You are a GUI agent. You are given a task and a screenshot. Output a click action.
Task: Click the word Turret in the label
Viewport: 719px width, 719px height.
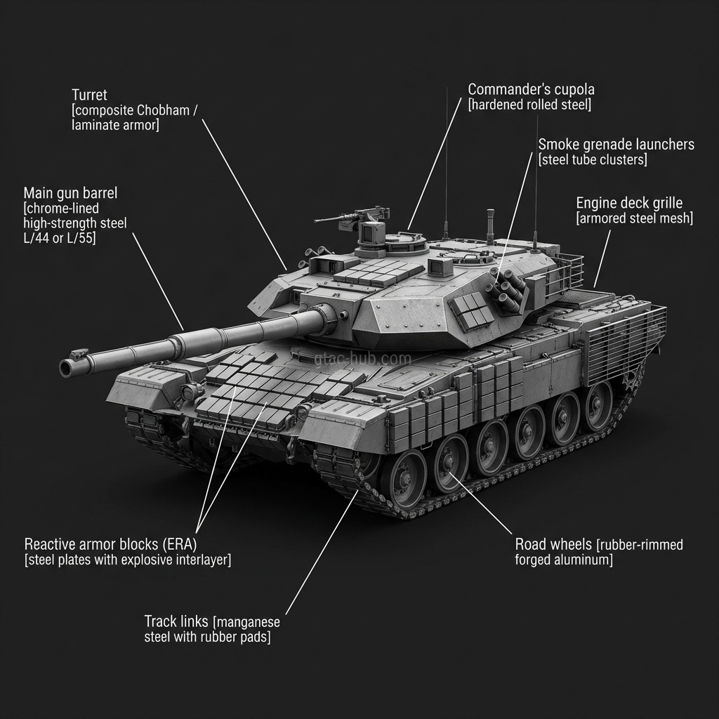tap(89, 94)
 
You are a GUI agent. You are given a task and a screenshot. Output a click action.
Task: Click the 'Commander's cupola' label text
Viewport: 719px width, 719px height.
tap(531, 89)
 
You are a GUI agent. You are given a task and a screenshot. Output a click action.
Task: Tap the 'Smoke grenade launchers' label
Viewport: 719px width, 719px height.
tap(616, 144)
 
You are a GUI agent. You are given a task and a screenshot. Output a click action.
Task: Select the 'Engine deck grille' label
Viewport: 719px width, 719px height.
tap(628, 203)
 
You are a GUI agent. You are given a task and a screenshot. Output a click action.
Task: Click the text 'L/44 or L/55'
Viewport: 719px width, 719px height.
tap(60, 239)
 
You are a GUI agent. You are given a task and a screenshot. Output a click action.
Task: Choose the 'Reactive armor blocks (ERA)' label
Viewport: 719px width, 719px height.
tap(110, 544)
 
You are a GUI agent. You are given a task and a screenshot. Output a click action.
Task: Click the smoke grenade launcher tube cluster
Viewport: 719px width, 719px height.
tap(509, 290)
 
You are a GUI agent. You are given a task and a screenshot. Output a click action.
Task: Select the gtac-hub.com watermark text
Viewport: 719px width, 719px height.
tap(362, 359)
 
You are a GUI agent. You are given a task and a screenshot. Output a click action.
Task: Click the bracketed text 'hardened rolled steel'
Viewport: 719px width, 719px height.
tap(529, 105)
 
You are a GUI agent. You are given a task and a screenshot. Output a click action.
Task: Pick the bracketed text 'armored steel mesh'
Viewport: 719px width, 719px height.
tap(634, 218)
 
